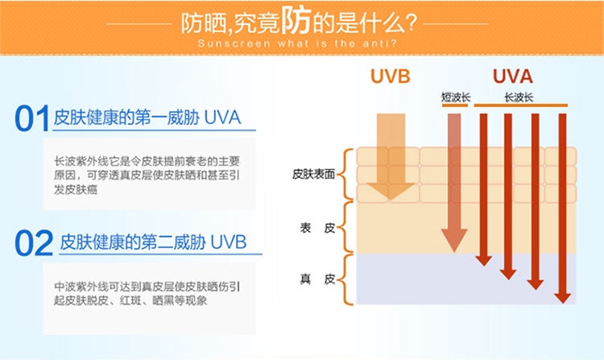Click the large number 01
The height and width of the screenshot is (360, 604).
[x=32, y=119]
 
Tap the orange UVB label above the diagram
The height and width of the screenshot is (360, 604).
[x=391, y=77]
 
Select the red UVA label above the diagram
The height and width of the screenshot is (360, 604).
[x=513, y=77]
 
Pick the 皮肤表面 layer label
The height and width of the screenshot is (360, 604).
[x=313, y=174]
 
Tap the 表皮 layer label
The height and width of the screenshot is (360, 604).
[x=317, y=229]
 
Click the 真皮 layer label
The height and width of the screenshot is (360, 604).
[x=317, y=279]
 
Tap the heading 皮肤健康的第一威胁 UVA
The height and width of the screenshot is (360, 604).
[x=147, y=119]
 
